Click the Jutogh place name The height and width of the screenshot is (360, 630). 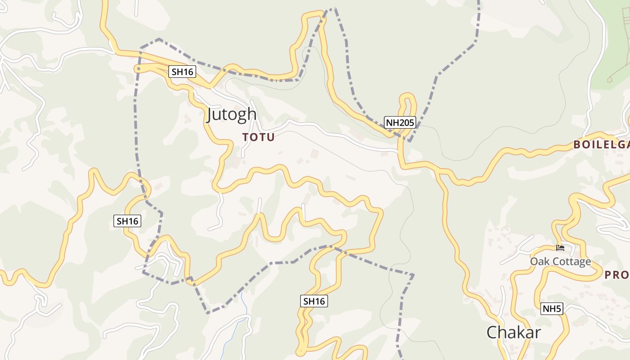[232, 115]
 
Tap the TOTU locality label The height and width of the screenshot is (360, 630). [258, 137]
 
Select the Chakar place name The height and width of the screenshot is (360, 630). [513, 333]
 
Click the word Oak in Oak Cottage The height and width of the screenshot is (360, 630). [539, 261]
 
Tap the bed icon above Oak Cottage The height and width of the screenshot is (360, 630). [560, 247]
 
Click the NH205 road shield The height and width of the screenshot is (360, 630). [399, 122]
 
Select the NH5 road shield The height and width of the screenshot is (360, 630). [552, 309]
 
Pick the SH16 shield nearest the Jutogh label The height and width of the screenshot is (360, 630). [182, 71]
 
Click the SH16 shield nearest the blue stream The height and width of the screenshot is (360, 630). [314, 301]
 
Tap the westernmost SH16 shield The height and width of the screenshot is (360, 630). [128, 221]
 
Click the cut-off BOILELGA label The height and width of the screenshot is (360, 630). [601, 144]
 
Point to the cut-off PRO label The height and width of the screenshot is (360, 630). [616, 274]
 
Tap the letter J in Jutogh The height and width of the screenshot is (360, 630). [210, 115]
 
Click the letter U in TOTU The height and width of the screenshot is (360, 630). [270, 137]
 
